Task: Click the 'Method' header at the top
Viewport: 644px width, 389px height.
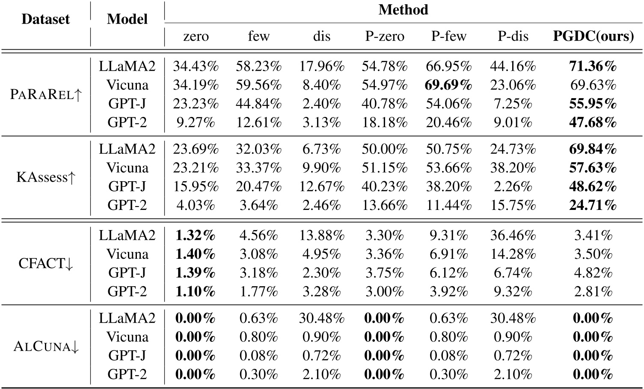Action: tap(403, 10)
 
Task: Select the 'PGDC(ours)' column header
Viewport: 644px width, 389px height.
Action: tap(593, 36)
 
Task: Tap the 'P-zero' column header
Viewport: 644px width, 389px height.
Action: tap(384, 36)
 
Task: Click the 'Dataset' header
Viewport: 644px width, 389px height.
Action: tap(45, 19)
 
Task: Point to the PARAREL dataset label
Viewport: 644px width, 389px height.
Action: tap(45, 95)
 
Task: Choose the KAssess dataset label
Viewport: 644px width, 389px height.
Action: tap(45, 177)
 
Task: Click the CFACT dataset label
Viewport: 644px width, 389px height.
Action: tap(45, 263)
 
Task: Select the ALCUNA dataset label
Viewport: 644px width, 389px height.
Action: tap(45, 347)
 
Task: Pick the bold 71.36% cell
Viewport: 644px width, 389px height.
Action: tap(593, 66)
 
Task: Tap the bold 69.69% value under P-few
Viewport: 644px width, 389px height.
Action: tap(448, 85)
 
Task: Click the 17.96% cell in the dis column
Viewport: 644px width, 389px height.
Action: tap(321, 66)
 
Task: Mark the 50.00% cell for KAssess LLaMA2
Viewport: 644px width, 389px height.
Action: tap(384, 150)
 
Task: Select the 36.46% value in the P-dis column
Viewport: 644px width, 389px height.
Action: tap(513, 236)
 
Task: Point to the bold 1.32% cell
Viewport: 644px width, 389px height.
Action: tap(196, 236)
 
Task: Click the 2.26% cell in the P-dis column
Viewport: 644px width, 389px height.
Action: tap(513, 187)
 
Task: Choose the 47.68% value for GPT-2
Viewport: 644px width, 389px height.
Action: tap(593, 123)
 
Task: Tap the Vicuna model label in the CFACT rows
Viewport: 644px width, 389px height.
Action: tap(128, 254)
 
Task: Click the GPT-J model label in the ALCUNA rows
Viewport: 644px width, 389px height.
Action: tap(128, 356)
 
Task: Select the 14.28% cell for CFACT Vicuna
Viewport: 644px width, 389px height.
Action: tap(513, 254)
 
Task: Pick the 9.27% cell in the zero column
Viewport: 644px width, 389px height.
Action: tap(196, 123)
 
